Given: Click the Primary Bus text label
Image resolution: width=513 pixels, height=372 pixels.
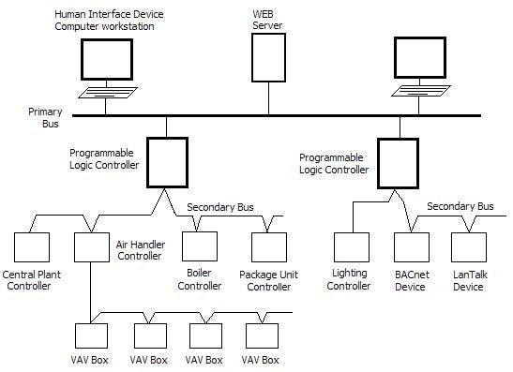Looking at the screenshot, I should click(46, 117).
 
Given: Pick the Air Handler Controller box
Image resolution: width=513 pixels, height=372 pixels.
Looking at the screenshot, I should click(91, 247).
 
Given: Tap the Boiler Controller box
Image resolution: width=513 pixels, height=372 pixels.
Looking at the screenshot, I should click(200, 247).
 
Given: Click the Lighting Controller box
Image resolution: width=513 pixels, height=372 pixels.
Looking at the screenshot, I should click(352, 247).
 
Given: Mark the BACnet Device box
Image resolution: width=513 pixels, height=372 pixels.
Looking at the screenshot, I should click(411, 247).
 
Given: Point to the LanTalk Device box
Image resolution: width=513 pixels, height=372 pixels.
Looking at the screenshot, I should click(468, 247).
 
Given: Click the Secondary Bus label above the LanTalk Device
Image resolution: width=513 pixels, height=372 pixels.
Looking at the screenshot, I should click(460, 206).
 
